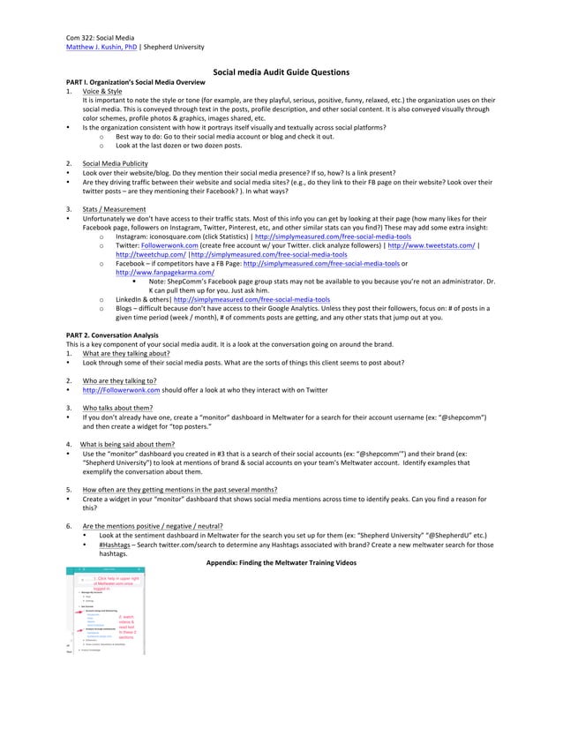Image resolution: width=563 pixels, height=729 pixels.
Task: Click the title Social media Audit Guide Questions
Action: coord(281,72)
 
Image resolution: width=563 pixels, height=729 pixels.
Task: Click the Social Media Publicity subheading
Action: coord(121,164)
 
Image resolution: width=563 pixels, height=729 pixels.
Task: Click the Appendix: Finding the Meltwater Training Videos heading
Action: coord(281,562)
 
